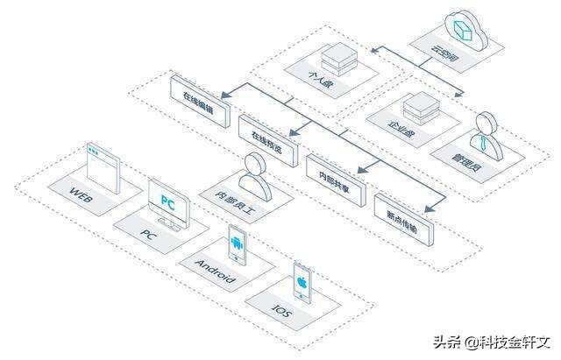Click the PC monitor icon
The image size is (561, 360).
(x=167, y=201)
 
